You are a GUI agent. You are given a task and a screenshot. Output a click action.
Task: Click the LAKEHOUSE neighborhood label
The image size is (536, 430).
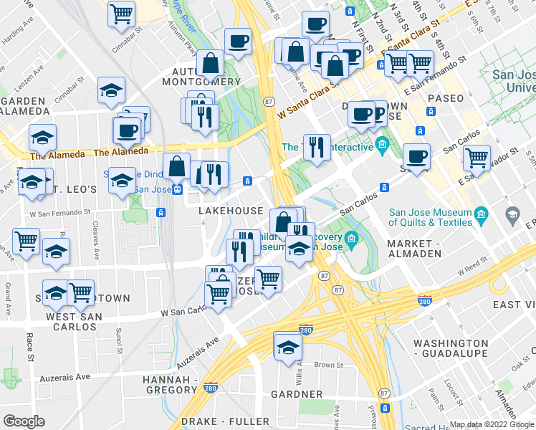(x=230, y=211)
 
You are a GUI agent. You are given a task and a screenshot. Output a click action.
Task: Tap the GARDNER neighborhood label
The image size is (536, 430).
(x=297, y=394)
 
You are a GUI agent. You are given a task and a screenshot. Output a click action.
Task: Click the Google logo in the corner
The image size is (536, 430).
(x=24, y=421)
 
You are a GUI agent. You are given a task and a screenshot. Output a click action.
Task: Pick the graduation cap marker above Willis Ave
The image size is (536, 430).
(x=287, y=345)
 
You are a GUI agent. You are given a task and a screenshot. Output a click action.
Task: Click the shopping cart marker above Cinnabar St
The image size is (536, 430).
(x=122, y=12)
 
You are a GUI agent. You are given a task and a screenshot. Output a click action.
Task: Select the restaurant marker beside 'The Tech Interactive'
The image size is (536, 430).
(x=316, y=146)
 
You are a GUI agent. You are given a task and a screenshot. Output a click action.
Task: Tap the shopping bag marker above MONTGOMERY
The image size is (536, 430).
(x=211, y=62)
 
